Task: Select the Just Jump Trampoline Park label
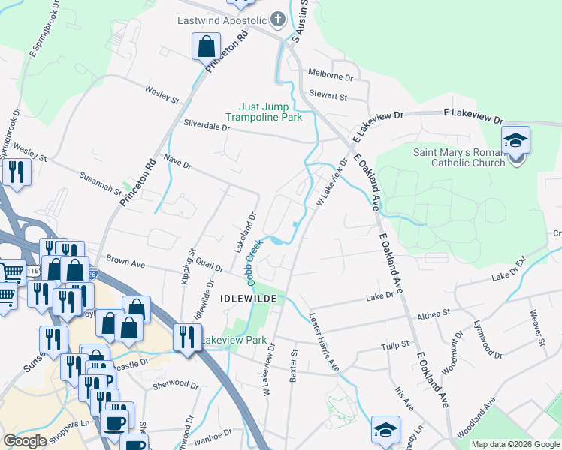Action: click(x=264, y=112)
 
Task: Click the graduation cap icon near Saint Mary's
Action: click(x=516, y=141)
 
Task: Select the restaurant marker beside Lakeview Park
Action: click(x=186, y=337)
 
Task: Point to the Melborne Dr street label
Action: click(x=331, y=76)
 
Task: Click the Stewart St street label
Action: click(x=328, y=96)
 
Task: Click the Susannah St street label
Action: click(x=101, y=182)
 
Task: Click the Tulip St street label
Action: click(x=394, y=345)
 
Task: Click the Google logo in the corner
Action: click(x=25, y=441)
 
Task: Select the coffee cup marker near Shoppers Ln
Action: click(x=114, y=422)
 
